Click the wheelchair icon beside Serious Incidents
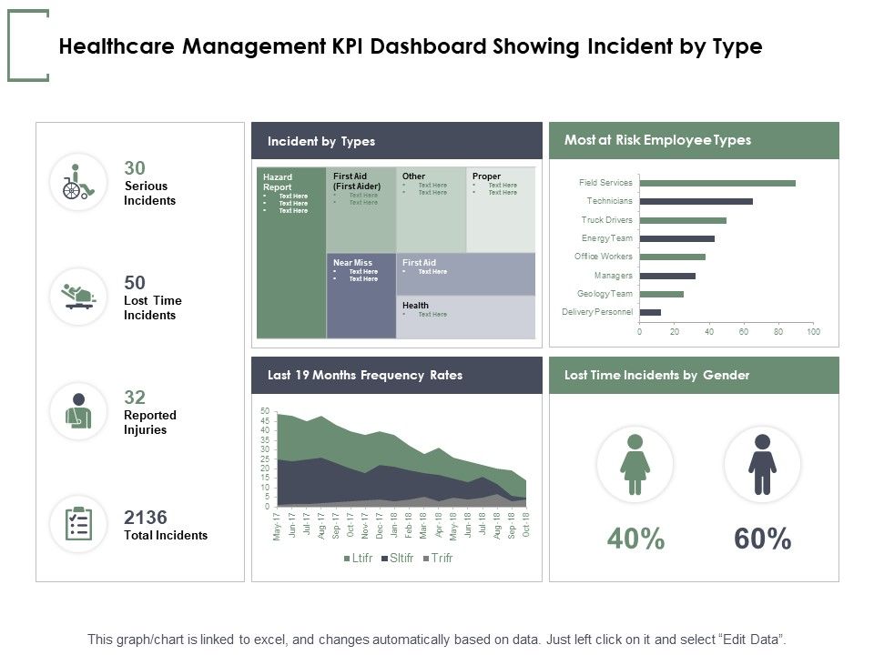click(77, 182)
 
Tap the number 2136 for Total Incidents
click(146, 518)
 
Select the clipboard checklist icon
click(78, 524)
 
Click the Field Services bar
click(717, 183)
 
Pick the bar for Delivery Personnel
click(650, 312)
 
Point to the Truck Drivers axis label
click(606, 220)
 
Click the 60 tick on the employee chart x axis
click(744, 332)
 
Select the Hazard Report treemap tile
click(291, 253)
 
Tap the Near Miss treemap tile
click(361, 296)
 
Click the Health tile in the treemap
click(465, 317)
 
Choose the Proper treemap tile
click(501, 209)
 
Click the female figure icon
click(635, 464)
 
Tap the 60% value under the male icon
click(762, 539)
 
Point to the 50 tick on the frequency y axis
click(264, 411)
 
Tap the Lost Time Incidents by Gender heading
click(656, 375)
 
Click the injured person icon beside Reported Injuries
click(77, 411)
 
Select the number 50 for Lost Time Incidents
click(135, 283)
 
